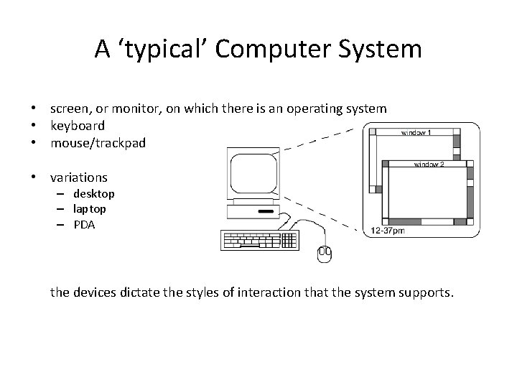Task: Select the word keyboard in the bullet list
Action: [78, 126]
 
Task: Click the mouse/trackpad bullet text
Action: [98, 143]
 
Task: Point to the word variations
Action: [79, 177]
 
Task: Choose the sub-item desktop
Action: [94, 194]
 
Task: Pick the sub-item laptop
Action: [90, 209]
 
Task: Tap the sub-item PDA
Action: [84, 224]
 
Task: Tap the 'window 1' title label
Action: [416, 133]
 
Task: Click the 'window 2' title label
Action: [429, 165]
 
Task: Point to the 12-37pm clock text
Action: [387, 231]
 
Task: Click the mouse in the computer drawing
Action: [324, 252]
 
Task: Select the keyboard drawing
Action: [259, 241]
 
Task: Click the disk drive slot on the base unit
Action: [265, 212]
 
